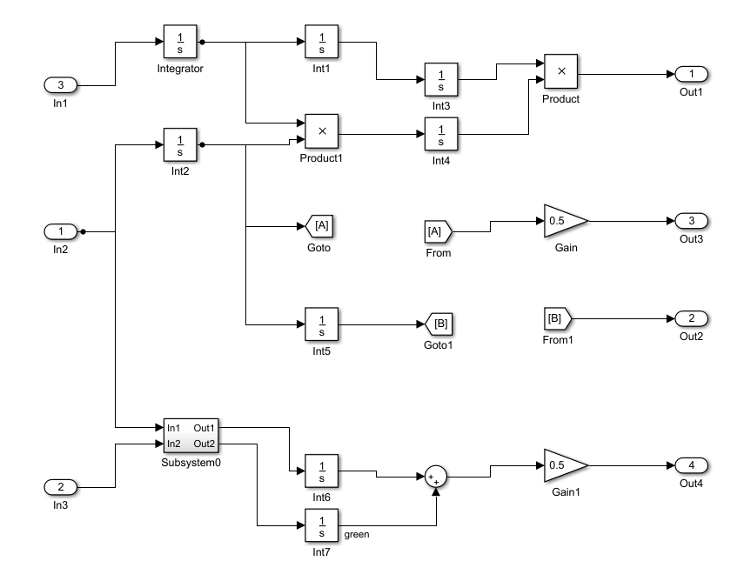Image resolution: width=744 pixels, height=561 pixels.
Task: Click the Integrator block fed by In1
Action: (x=180, y=42)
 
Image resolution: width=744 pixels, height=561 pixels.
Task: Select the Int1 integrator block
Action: (x=321, y=42)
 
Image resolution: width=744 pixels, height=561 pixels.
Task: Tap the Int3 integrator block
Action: (x=441, y=80)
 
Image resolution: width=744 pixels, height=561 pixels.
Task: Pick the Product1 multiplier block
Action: (x=321, y=131)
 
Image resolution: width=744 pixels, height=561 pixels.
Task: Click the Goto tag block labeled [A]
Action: (x=321, y=227)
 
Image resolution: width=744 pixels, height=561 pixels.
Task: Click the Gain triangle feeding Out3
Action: (x=562, y=221)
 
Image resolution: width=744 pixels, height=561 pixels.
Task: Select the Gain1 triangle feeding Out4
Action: (x=562, y=465)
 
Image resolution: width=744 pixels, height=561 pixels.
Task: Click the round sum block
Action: (x=435, y=476)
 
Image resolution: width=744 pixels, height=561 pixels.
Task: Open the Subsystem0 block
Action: (x=191, y=437)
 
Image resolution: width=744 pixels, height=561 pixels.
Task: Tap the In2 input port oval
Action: (x=60, y=232)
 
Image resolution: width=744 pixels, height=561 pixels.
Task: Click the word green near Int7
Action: (x=357, y=534)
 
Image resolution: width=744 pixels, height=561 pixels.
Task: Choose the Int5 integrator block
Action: (x=321, y=324)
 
